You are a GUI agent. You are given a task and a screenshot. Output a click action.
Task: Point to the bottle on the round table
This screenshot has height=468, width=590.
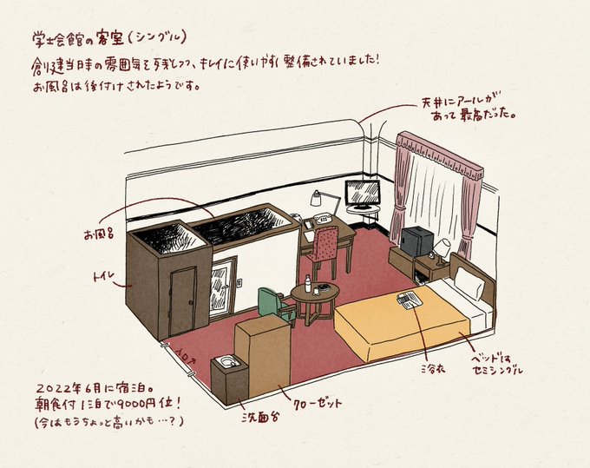click(x=307, y=284)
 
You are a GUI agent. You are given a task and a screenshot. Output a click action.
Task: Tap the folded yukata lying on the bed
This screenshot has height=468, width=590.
click(x=409, y=300)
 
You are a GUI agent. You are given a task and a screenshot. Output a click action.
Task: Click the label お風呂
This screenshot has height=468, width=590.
click(x=98, y=235)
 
